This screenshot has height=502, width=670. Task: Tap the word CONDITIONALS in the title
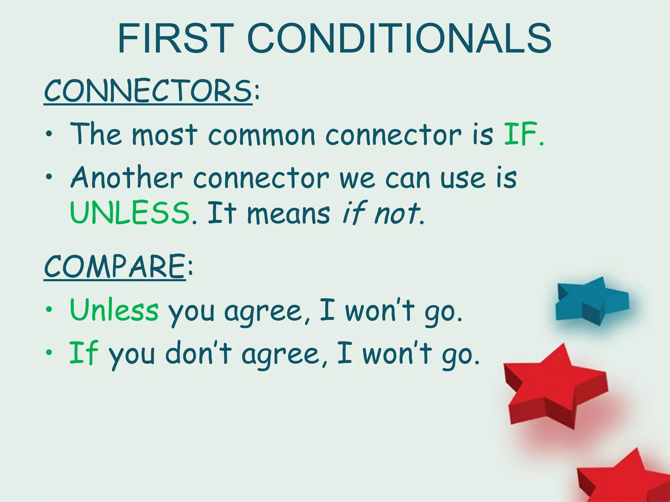[x=400, y=39]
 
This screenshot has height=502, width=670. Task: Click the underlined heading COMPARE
[x=115, y=266]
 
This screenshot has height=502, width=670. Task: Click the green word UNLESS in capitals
[x=130, y=213]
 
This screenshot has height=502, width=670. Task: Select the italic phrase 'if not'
[x=381, y=213]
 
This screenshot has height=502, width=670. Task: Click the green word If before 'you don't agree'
[x=84, y=353]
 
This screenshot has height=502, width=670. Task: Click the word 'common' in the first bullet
[x=261, y=135]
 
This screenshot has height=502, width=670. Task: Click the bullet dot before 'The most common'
[x=49, y=135]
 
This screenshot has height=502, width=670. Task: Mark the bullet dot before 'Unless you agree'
[x=49, y=309]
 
